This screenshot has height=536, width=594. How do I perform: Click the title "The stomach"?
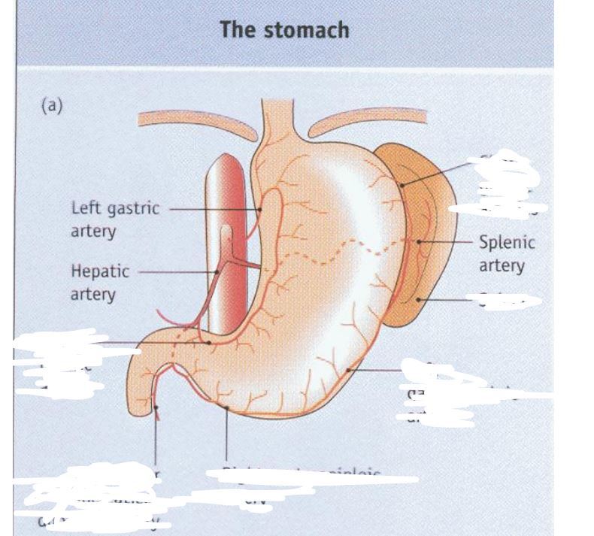coord(284,30)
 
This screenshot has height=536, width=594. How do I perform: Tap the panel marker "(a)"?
coord(51,106)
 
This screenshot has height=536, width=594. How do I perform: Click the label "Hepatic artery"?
coord(100,281)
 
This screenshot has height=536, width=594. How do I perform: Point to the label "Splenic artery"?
coord(506,254)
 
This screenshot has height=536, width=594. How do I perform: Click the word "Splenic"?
coord(506,244)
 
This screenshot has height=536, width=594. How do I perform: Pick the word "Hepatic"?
coord(100,271)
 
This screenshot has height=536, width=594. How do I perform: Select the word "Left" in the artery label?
coord(84,208)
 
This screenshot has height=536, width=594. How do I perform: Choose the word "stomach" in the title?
coord(313,30)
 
